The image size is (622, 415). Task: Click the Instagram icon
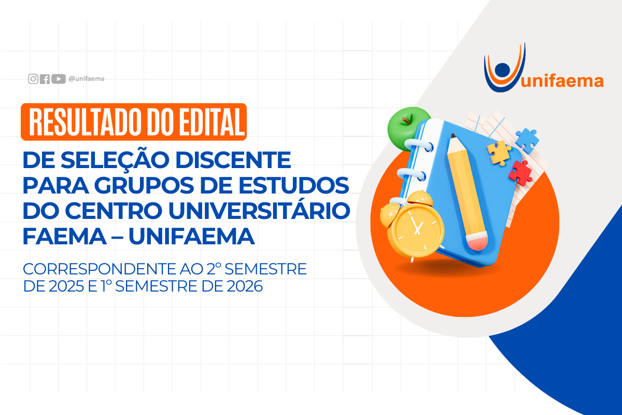pos(33,79)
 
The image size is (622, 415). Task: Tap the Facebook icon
pos(45,79)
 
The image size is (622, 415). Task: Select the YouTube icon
pos(58,79)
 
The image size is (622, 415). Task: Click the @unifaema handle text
pos(87,79)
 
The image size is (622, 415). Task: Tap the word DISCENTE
pos(233,160)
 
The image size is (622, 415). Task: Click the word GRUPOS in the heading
pos(144,185)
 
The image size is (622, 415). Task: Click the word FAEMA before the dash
pos(65,237)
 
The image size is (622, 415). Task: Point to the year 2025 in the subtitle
pos(66,286)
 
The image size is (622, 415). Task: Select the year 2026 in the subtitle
pos(245,286)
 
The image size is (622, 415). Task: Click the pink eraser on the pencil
pos(477,241)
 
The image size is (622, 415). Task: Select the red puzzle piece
pos(520,173)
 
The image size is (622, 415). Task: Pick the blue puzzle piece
pos(527,141)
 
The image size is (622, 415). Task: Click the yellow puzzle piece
pos(499,153)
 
